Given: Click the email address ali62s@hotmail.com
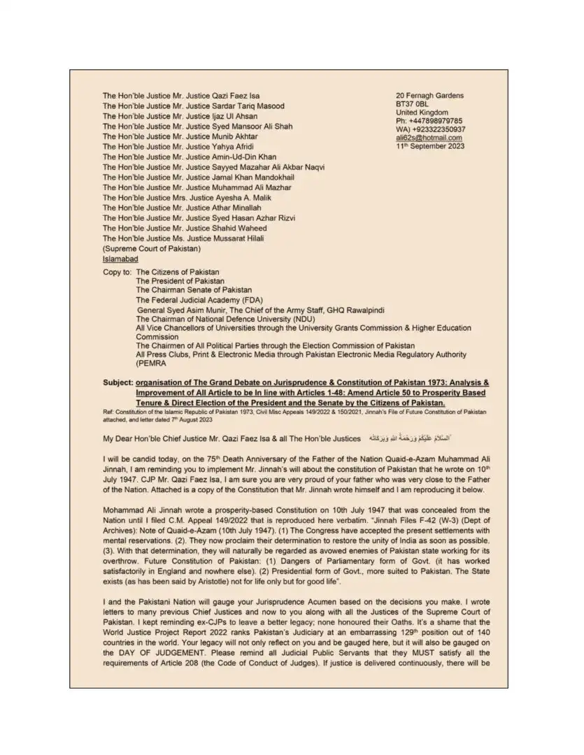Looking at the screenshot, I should coord(429,138).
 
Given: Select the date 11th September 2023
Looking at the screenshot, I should coord(430,146).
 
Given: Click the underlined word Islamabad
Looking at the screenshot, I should coord(120,259).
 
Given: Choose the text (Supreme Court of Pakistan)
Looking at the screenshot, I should coord(152,249).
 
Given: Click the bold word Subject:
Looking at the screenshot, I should coord(117,384).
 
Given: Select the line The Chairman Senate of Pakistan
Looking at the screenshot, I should coord(194,289).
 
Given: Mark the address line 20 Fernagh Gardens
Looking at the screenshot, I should coord(429,96).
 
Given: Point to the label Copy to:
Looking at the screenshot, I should coord(117,271).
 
